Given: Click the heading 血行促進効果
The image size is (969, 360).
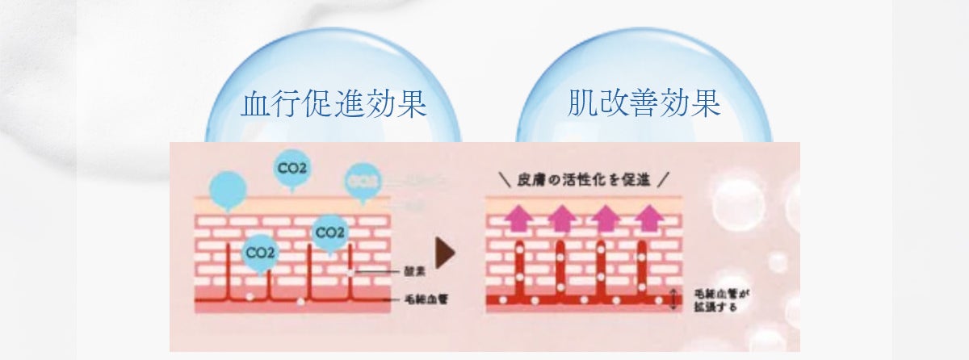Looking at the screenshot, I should pyautogui.click(x=333, y=105).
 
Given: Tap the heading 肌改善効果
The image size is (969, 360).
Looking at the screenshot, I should pyautogui.click(x=643, y=105).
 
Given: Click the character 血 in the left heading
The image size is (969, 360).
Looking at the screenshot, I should pyautogui.click(x=256, y=105).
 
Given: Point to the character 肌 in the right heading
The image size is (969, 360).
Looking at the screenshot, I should pyautogui.click(x=582, y=105).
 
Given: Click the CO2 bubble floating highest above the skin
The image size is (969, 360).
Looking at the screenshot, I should pyautogui.click(x=292, y=169).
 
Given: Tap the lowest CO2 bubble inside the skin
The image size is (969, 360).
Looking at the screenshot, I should pyautogui.click(x=260, y=253).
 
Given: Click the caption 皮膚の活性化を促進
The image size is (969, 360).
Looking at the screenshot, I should pyautogui.click(x=585, y=179).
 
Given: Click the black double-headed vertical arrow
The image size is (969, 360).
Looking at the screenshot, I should pyautogui.click(x=673, y=300).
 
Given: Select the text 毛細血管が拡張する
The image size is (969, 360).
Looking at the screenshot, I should pyautogui.click(x=715, y=300).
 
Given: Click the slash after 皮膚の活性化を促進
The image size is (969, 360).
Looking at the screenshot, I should pyautogui.click(x=665, y=179).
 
